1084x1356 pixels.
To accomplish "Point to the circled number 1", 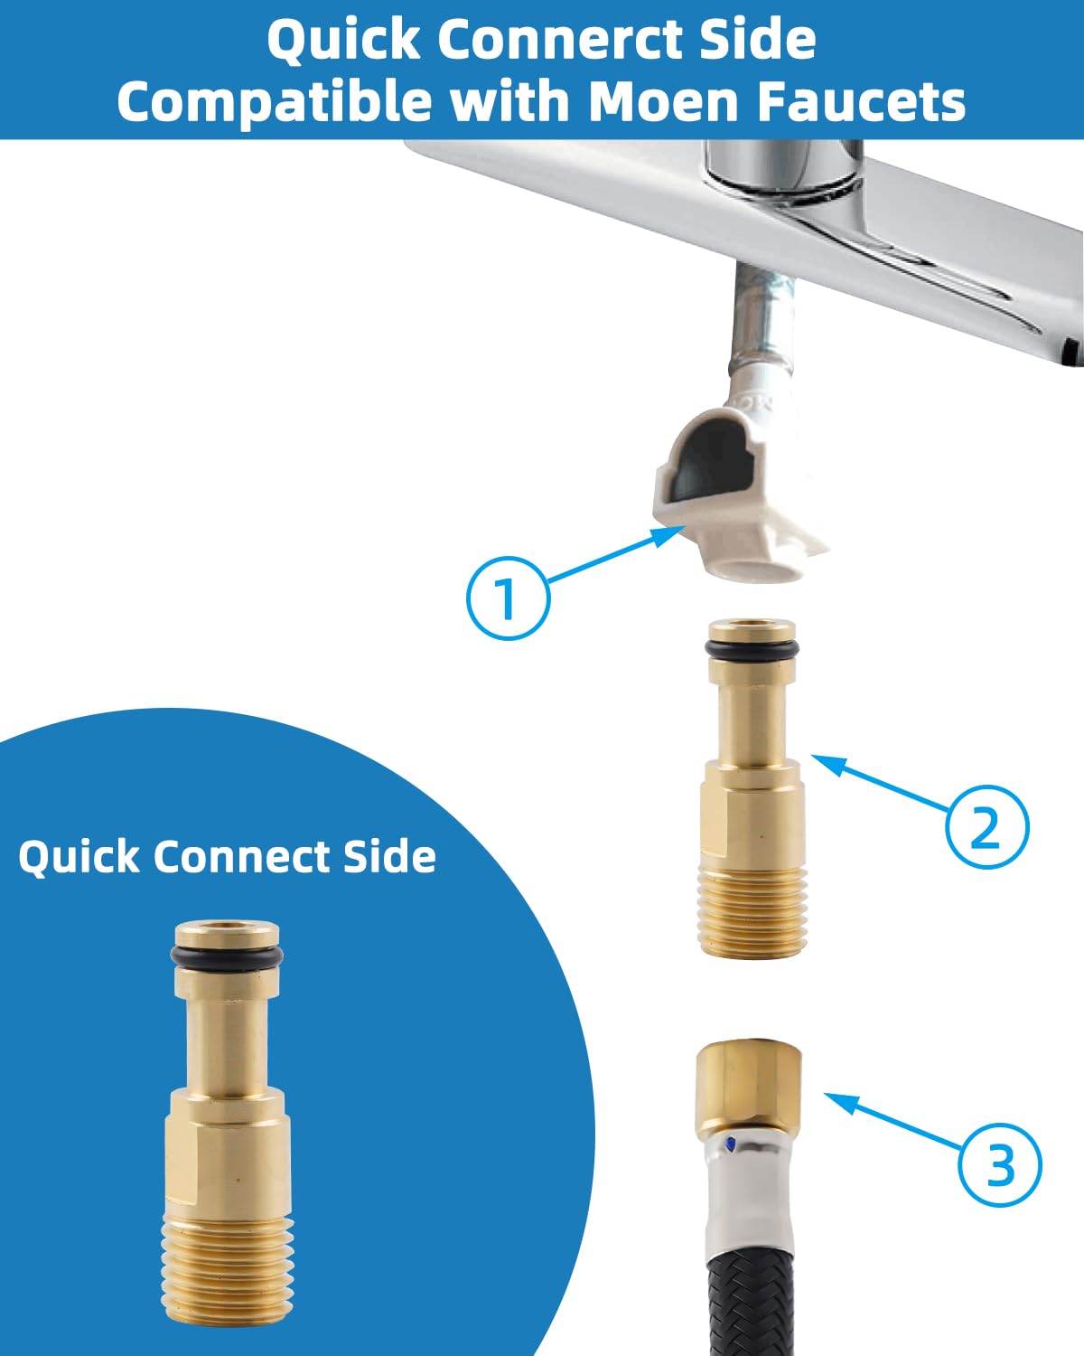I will (x=508, y=598).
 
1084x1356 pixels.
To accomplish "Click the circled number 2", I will (x=986, y=826).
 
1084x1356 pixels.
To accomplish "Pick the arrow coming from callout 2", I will (x=881, y=783).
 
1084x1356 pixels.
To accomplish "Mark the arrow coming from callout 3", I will (x=894, y=1121).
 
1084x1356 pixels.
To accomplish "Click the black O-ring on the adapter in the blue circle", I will (x=227, y=956).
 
